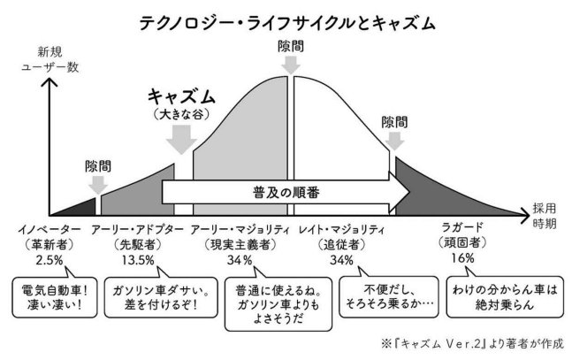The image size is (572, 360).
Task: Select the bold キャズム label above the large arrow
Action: (181, 96)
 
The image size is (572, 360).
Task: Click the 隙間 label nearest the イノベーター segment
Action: (98, 165)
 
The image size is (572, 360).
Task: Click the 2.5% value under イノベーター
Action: (50, 260)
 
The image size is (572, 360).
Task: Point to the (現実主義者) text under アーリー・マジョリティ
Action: (240, 244)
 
